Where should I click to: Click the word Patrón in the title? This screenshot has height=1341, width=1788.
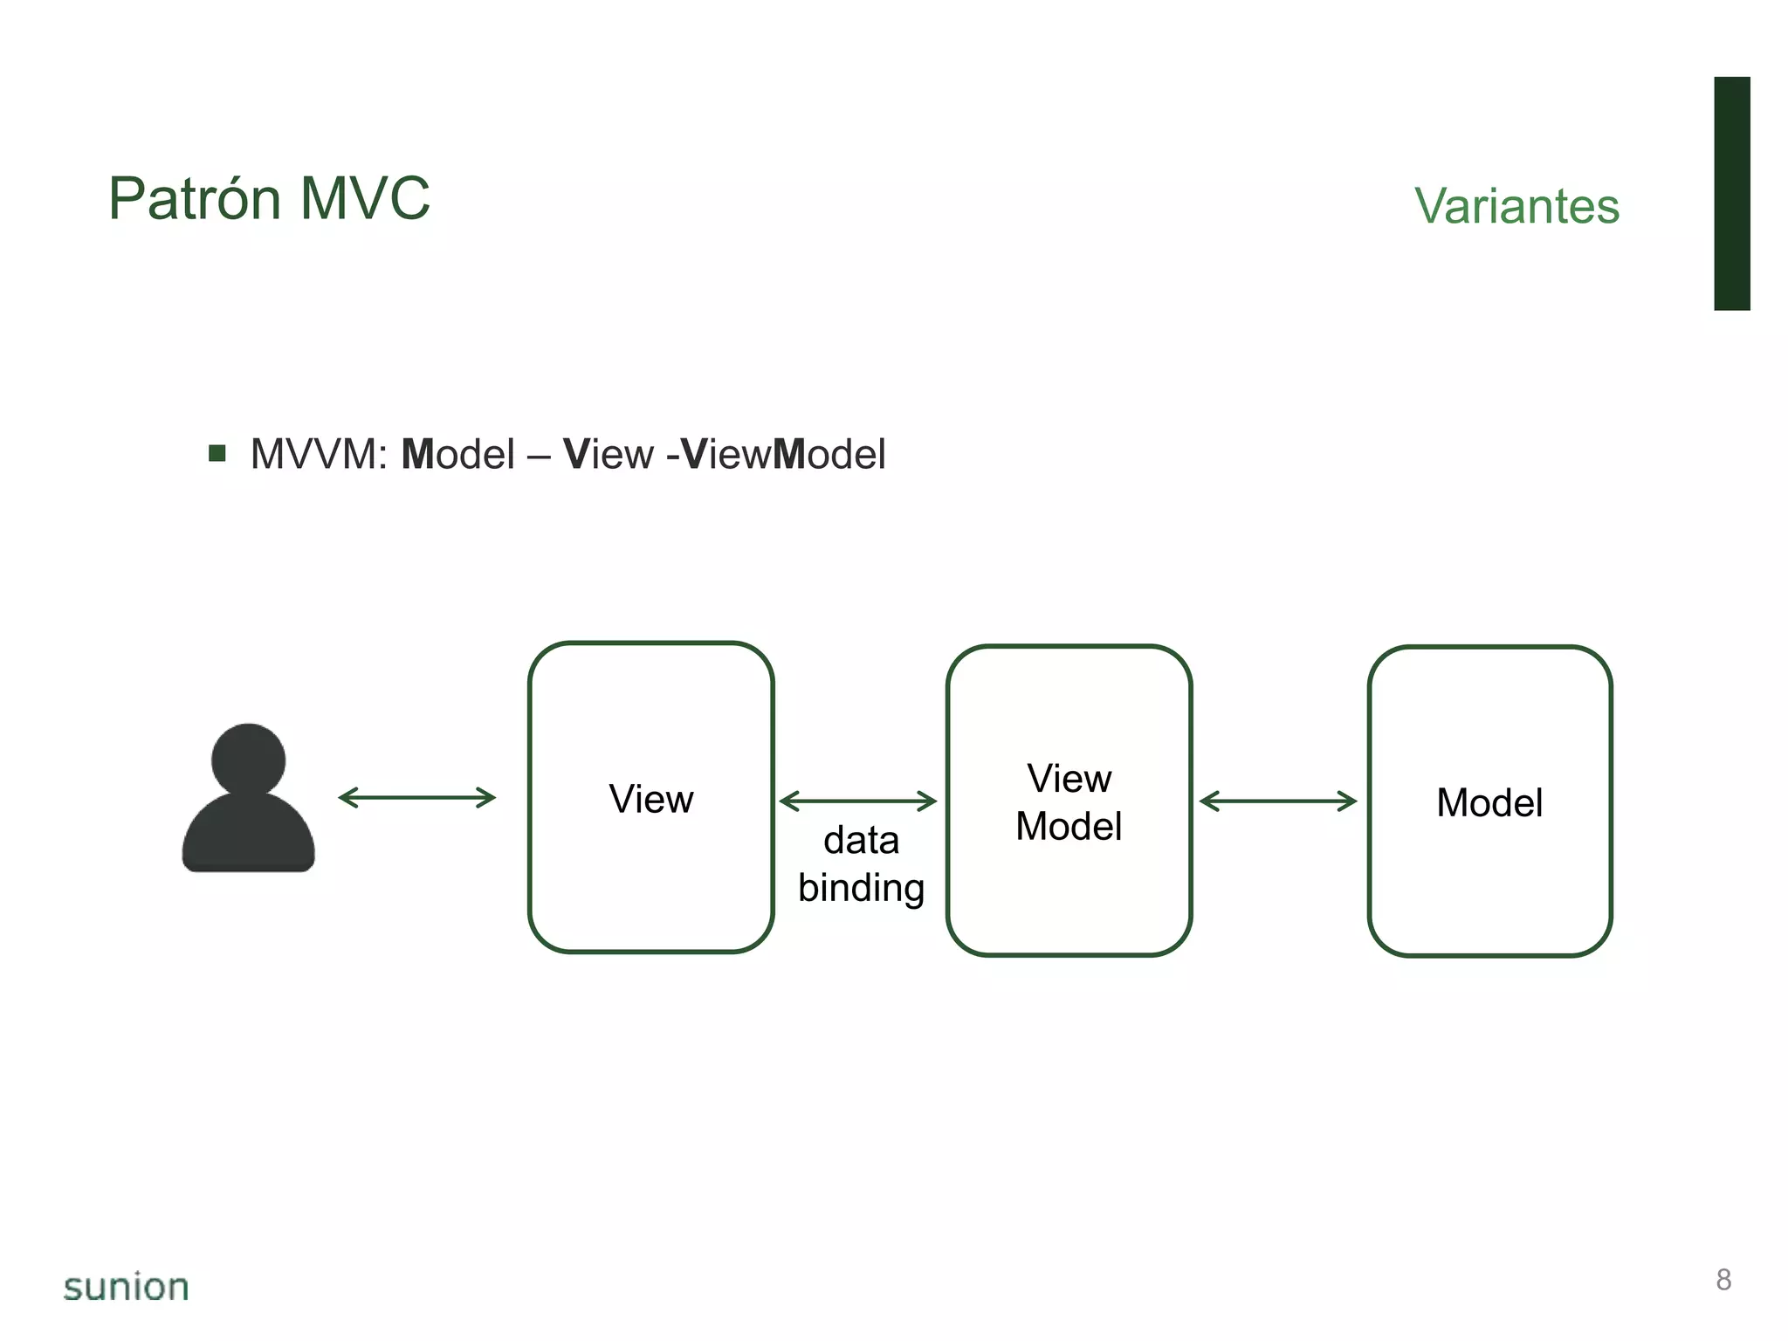pos(195,199)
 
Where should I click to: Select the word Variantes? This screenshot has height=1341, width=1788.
pos(1516,207)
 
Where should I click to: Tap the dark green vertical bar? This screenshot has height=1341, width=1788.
pos(1731,193)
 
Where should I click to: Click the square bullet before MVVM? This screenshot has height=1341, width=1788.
pos(217,453)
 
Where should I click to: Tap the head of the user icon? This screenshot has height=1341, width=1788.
pos(249,759)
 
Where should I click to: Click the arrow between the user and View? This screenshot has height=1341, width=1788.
pos(416,797)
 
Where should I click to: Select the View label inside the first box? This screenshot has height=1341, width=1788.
pos(651,800)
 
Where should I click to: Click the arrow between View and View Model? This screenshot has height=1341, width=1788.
pos(857,801)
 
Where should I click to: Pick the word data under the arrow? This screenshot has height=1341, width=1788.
pos(861,841)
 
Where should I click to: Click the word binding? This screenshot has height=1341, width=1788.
pos(861,889)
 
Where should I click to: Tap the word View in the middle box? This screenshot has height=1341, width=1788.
pos(1069,779)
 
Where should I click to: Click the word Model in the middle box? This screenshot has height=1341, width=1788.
pos(1069,827)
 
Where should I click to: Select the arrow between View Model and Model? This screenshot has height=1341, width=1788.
pos(1278,801)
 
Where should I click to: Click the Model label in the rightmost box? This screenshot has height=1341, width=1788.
pos(1489,803)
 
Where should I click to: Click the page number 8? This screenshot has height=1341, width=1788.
pos(1723,1280)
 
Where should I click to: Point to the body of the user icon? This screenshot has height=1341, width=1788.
pos(249,834)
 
